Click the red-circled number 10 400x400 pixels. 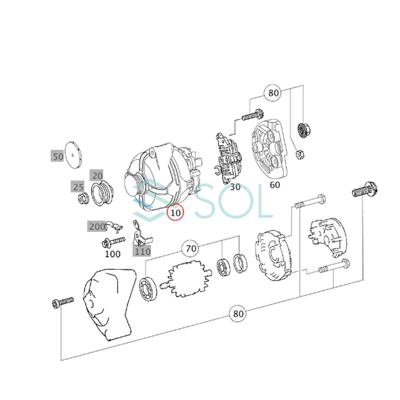(x=175, y=212)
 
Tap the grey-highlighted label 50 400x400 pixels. (x=57, y=156)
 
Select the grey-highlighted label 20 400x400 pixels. (x=96, y=176)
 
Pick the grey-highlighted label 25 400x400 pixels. (x=77, y=187)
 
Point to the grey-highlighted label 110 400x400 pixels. (x=142, y=252)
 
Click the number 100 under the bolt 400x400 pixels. (x=113, y=254)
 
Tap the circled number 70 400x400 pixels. (x=191, y=248)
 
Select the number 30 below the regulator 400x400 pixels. (x=235, y=187)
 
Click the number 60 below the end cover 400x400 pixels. (x=275, y=185)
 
